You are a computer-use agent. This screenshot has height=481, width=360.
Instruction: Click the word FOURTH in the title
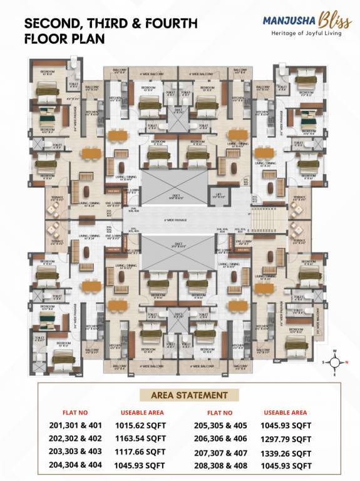172,24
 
